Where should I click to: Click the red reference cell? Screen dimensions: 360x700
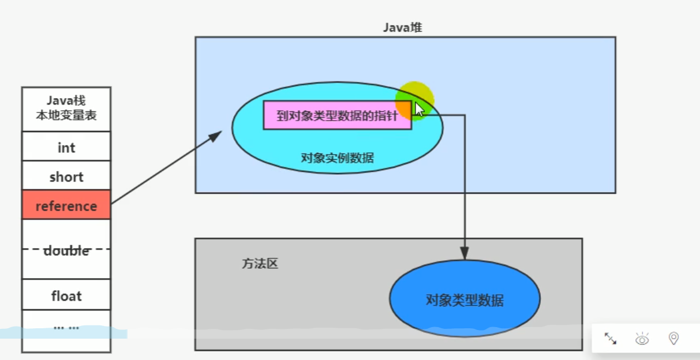coord(66,205)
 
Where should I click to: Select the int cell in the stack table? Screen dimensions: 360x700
coord(66,147)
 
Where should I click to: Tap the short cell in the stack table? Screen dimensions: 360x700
coord(66,176)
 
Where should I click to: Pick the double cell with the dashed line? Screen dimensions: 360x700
coord(66,249)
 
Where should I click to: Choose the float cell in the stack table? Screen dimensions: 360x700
coord(66,295)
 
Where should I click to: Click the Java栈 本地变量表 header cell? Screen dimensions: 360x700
coord(66,108)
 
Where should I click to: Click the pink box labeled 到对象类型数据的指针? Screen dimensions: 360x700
coord(337,115)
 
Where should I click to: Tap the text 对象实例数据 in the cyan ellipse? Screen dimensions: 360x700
coord(337,157)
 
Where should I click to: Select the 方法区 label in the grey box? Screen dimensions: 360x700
coord(260,264)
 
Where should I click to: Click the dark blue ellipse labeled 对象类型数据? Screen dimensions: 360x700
coord(465,299)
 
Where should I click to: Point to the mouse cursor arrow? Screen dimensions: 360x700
coord(419,110)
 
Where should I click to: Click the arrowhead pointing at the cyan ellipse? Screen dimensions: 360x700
coord(215,136)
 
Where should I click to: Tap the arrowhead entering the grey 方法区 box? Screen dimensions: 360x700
coord(465,252)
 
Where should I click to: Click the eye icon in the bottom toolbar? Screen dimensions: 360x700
coord(642,339)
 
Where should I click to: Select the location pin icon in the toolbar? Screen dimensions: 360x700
coord(673,339)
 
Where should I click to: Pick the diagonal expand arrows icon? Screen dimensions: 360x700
coord(611,339)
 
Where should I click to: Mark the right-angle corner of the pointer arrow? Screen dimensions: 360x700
coord(465,115)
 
